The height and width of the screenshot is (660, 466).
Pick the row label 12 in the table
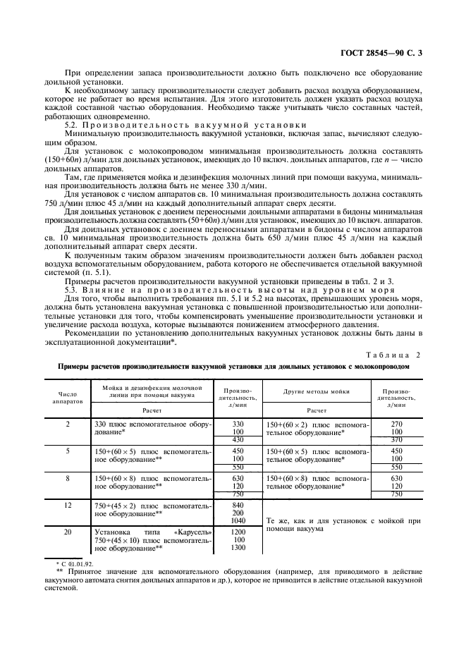point(68,506)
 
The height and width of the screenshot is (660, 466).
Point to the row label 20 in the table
point(68,532)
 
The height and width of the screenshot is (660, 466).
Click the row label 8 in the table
point(68,478)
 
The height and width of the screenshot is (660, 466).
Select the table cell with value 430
point(238,440)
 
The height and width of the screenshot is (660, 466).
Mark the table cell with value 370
point(396,440)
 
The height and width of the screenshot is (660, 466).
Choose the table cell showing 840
point(238,506)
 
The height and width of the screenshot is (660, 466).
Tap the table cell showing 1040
point(238,522)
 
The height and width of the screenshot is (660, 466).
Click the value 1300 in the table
point(238,548)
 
